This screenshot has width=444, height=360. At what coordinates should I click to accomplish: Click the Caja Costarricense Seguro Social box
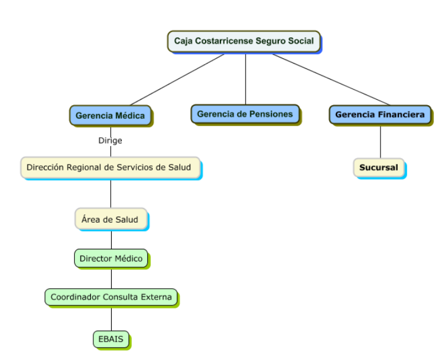[244, 42]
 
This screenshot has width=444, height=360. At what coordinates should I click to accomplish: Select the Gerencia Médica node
[110, 115]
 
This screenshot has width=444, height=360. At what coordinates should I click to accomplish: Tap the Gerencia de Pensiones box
[245, 113]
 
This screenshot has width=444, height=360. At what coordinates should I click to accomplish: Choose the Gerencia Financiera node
[380, 115]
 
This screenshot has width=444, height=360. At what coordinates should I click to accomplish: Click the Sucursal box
[379, 168]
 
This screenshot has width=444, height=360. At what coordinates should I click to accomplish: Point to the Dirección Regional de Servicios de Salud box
[110, 168]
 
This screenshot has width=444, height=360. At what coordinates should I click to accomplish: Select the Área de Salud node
[110, 219]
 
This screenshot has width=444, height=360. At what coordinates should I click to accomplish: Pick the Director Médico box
[111, 258]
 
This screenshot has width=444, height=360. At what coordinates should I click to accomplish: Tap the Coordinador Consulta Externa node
[111, 296]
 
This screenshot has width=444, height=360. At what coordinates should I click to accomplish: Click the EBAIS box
[111, 339]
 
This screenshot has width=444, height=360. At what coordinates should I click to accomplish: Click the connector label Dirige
[110, 141]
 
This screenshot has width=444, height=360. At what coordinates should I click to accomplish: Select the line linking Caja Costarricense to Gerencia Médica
[177, 80]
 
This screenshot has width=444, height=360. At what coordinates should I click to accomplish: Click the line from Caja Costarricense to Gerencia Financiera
[331, 79]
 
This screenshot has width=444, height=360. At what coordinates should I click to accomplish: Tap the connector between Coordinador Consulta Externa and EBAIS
[111, 318]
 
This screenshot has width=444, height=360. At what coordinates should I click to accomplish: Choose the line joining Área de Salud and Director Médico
[111, 239]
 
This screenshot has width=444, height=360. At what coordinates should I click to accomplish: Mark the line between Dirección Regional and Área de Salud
[111, 194]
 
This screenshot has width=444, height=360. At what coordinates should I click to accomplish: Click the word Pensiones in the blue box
[271, 113]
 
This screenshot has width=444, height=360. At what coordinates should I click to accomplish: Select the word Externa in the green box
[157, 296]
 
